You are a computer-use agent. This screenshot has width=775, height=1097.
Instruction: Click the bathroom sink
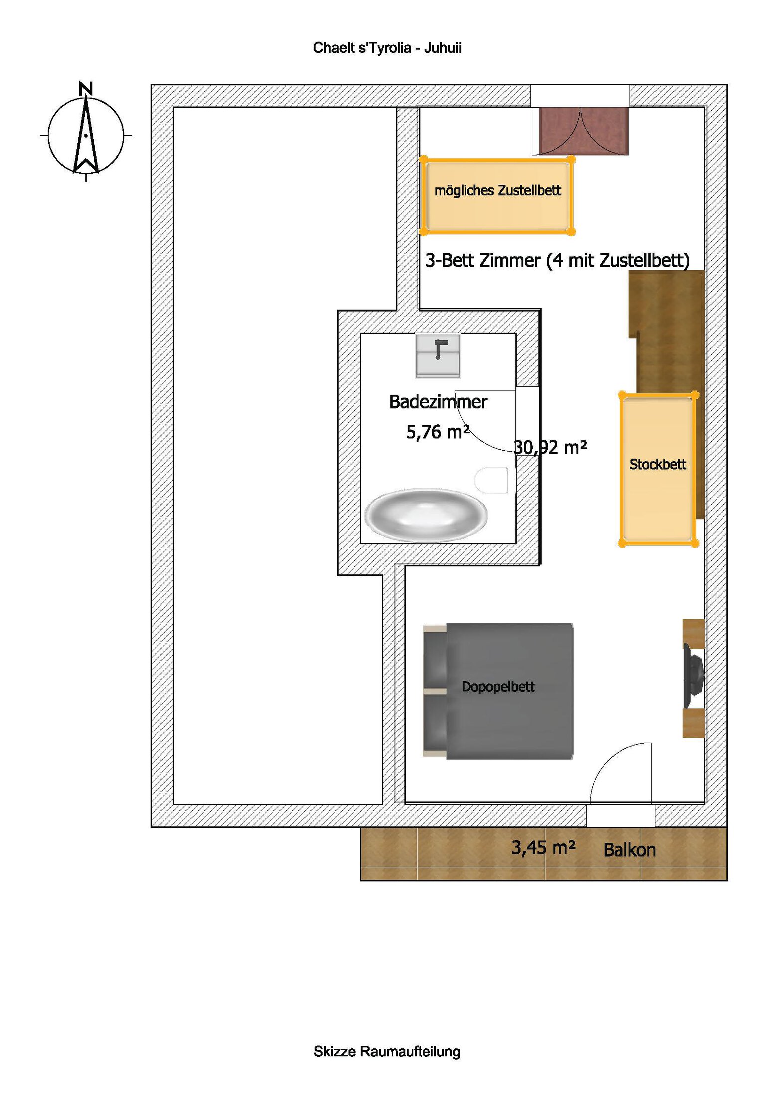tap(438, 356)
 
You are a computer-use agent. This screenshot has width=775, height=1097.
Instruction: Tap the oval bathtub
tap(426, 515)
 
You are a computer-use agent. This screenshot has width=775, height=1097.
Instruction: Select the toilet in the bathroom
tap(492, 480)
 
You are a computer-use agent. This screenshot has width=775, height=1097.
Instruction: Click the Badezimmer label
tap(438, 402)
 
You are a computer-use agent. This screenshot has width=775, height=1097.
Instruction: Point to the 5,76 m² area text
tap(438, 432)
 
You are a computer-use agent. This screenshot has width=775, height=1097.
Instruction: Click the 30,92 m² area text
tap(550, 447)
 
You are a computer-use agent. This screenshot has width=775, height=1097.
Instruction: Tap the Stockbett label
tap(658, 464)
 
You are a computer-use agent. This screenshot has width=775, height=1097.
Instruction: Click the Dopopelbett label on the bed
tap(498, 687)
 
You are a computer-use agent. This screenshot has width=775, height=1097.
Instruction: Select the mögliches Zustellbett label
tap(497, 190)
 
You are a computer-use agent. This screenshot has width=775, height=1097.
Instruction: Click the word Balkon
tap(629, 850)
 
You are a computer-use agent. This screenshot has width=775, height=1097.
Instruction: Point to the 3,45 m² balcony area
tap(543, 847)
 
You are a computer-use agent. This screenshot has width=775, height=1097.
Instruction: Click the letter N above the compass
tap(86, 88)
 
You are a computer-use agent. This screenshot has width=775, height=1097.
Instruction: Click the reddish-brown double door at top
tap(583, 131)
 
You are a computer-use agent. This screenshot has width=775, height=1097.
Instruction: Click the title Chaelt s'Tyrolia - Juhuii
tap(387, 48)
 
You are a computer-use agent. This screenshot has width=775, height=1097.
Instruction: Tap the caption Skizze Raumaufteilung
tap(387, 1051)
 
